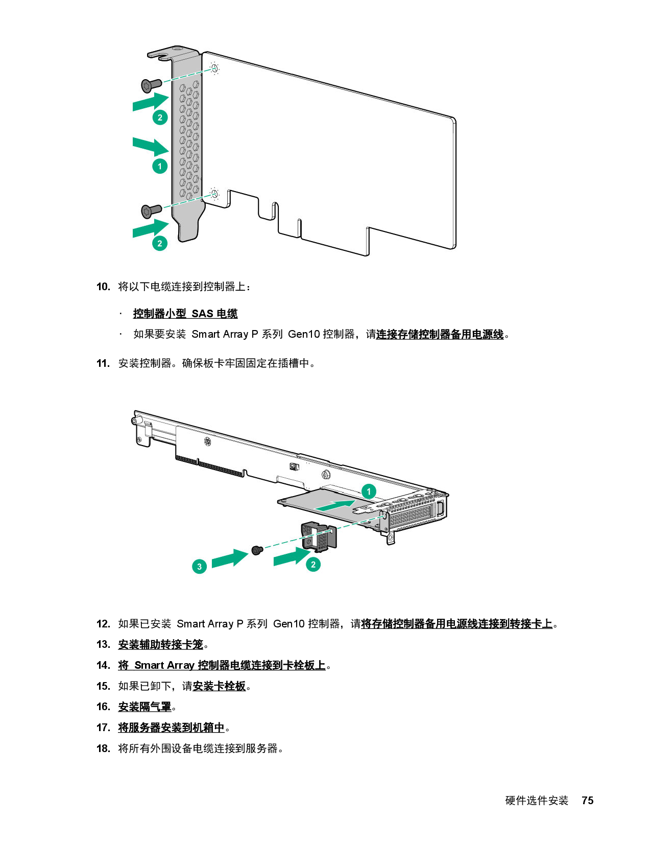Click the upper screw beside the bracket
pos(151,84)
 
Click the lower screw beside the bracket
pos(151,209)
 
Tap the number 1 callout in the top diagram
pos(160,166)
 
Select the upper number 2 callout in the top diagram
pos(160,118)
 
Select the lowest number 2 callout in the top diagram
pos(160,243)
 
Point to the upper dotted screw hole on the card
pos(215,68)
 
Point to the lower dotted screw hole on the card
pos(215,194)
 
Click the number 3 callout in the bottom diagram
pos(199,566)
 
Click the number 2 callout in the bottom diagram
pos(313,565)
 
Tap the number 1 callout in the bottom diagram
pos(369,491)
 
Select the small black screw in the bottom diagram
pos(257,550)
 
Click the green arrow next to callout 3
pos(229,558)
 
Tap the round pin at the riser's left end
pos(135,420)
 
